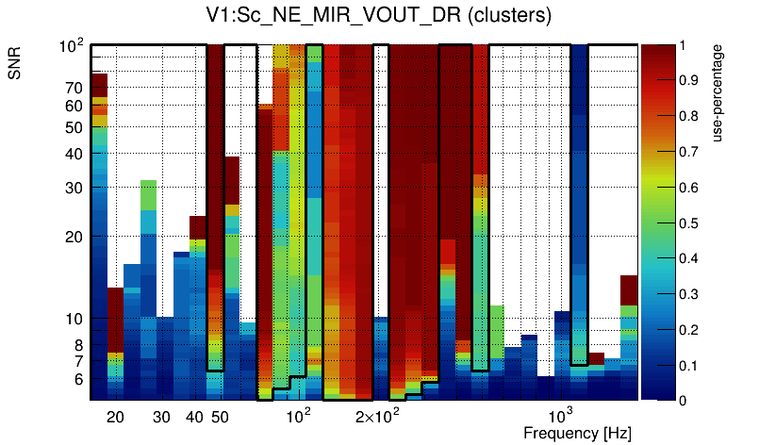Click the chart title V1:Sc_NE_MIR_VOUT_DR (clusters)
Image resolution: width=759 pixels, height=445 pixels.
(x=378, y=16)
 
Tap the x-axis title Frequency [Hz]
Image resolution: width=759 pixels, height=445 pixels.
(x=576, y=433)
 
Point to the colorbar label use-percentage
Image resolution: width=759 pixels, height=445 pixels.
(x=718, y=105)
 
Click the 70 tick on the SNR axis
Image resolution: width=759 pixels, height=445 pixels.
(x=74, y=88)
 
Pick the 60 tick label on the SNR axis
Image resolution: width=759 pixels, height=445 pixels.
(x=74, y=106)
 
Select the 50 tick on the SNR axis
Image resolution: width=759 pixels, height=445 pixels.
(x=74, y=127)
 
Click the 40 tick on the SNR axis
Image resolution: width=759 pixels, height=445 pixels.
(x=74, y=154)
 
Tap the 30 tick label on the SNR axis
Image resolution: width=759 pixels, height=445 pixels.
(x=74, y=188)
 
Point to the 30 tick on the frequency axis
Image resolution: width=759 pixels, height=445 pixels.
(x=161, y=417)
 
